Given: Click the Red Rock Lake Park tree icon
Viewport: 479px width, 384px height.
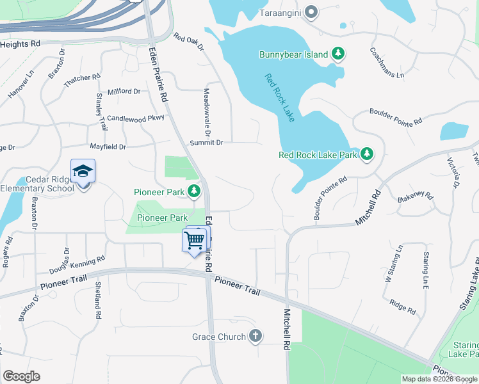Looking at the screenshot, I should click(x=366, y=154).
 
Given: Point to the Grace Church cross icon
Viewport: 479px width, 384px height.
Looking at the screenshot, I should click(x=255, y=337).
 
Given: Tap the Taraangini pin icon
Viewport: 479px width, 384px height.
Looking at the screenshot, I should click(x=311, y=12).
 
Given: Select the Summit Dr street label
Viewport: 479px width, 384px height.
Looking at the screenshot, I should click(x=206, y=143).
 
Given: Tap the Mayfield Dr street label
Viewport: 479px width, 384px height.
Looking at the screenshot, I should click(x=108, y=147).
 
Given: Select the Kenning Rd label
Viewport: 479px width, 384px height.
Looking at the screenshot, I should click(x=87, y=262).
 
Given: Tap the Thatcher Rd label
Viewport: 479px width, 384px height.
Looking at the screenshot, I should click(x=82, y=77).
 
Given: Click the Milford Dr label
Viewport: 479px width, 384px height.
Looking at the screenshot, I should click(x=124, y=92).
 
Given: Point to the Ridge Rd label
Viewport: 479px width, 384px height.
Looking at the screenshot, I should click(x=403, y=308).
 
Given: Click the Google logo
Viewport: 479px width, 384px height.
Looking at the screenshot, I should click(x=21, y=376).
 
